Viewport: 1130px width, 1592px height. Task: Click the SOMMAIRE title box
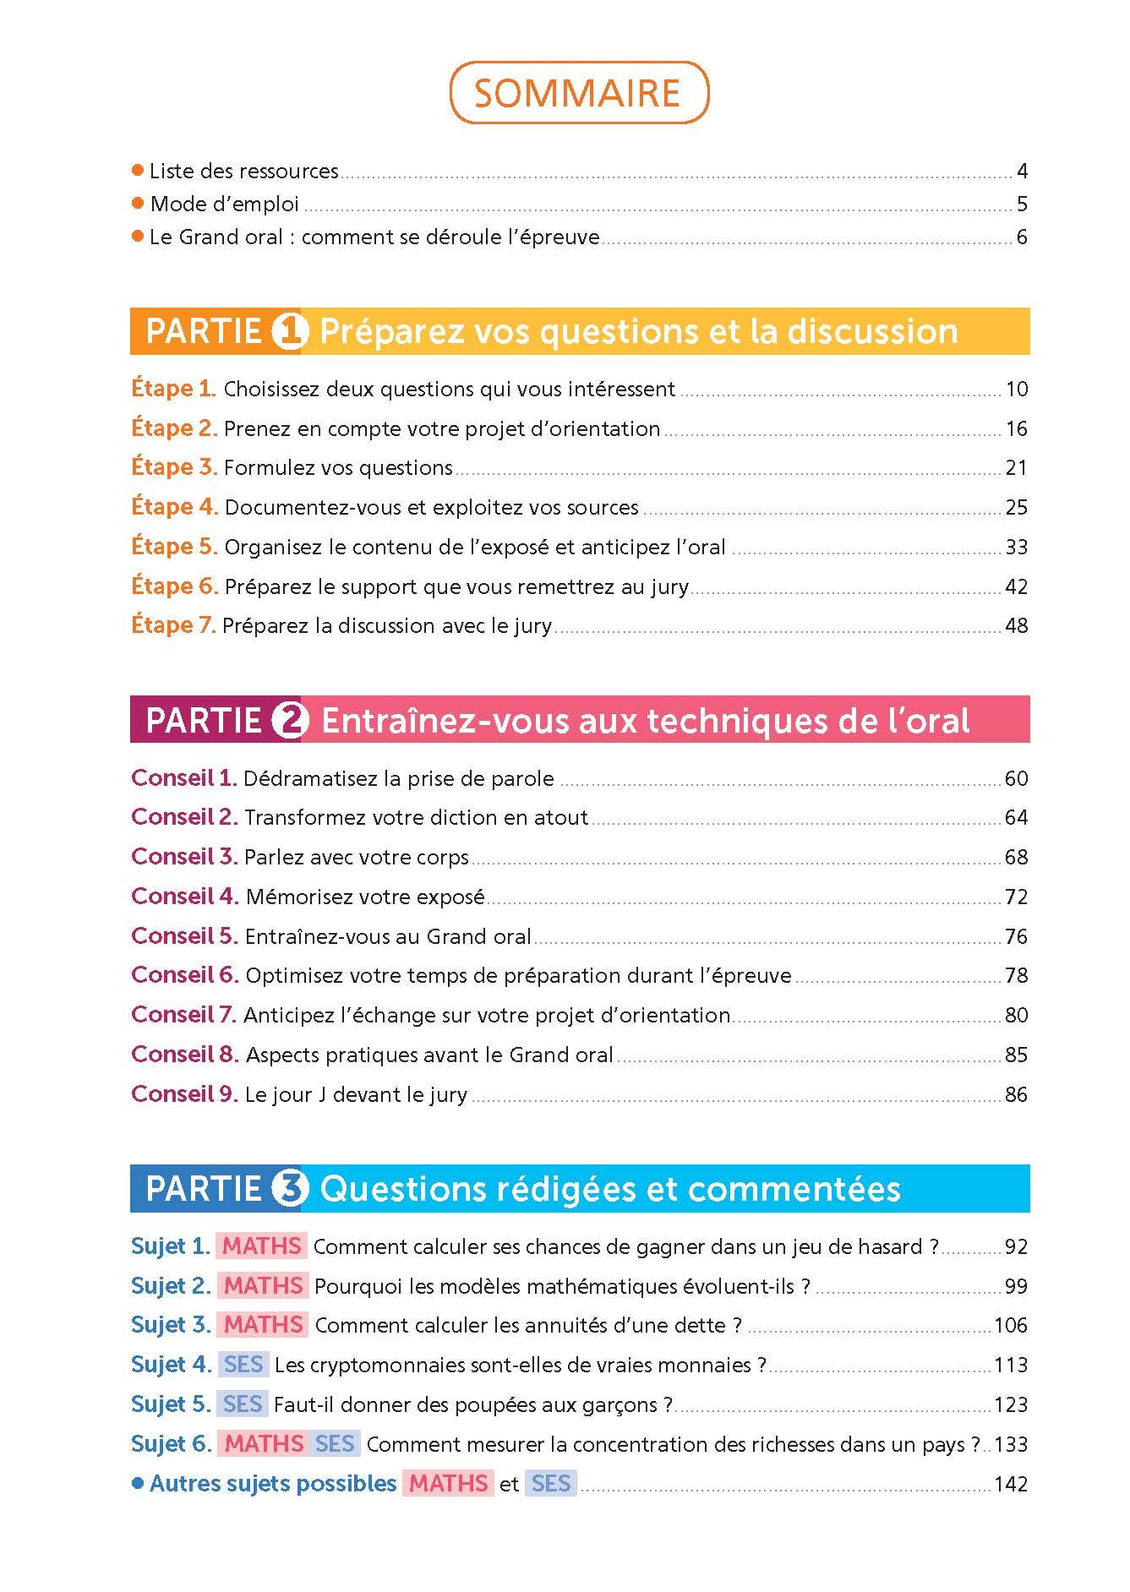click(x=578, y=93)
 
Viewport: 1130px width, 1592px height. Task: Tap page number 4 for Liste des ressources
click(x=1022, y=172)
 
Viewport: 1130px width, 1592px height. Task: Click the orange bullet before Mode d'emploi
click(x=139, y=204)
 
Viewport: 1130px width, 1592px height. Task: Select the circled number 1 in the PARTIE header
click(x=290, y=331)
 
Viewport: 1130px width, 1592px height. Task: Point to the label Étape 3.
click(x=174, y=467)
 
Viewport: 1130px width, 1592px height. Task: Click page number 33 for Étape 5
click(x=1016, y=547)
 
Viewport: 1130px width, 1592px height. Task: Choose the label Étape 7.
click(x=174, y=625)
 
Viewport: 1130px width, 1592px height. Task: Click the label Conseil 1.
click(x=183, y=778)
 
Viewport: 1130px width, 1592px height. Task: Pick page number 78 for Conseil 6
click(x=1016, y=975)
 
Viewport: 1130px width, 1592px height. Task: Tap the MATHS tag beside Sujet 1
click(x=262, y=1246)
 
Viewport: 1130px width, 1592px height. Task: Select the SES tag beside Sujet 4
click(x=243, y=1365)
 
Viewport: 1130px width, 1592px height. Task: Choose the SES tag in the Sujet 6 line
click(x=335, y=1444)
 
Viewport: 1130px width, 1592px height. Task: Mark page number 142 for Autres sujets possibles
click(x=1011, y=1484)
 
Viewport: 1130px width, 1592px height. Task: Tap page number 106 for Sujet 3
click(x=1011, y=1325)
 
